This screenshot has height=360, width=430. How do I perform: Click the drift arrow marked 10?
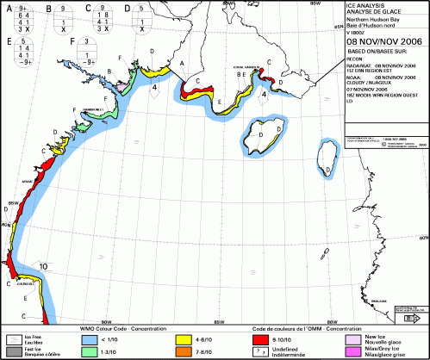click(42, 267)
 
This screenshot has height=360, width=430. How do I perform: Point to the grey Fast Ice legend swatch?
click(13, 351)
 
